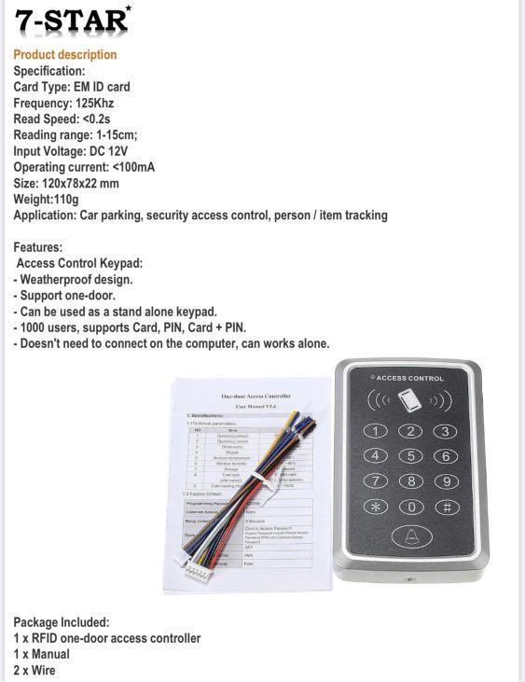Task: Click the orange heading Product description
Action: point(65,54)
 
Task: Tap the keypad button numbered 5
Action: point(411,455)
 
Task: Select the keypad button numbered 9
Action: point(447,481)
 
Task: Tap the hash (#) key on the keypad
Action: point(447,507)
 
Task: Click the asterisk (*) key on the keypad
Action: point(375,507)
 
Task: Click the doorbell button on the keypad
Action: point(411,537)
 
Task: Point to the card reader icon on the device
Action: point(410,403)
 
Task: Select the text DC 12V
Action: point(128,151)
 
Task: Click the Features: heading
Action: point(38,247)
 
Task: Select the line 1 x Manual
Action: point(41,654)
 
